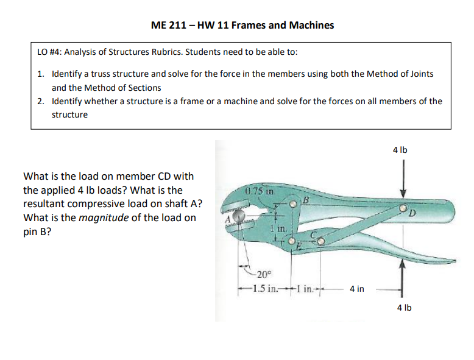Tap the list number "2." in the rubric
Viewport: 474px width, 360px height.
point(40,101)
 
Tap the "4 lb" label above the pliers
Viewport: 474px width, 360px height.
point(400,148)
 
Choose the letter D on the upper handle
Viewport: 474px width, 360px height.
point(413,213)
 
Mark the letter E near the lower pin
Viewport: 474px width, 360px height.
point(299,246)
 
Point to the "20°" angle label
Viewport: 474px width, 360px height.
point(262,274)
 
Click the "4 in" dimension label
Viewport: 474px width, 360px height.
point(356,289)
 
